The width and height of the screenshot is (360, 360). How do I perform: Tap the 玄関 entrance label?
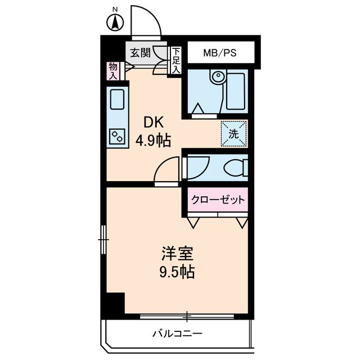(140, 53)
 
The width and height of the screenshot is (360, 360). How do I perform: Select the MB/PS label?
(219, 53)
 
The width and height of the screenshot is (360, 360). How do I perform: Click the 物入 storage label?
(113, 70)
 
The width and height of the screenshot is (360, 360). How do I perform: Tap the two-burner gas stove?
(118, 135)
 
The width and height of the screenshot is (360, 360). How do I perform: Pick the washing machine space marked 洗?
(233, 133)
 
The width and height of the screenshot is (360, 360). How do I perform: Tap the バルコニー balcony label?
(177, 333)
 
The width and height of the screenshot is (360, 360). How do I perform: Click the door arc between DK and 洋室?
(167, 169)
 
